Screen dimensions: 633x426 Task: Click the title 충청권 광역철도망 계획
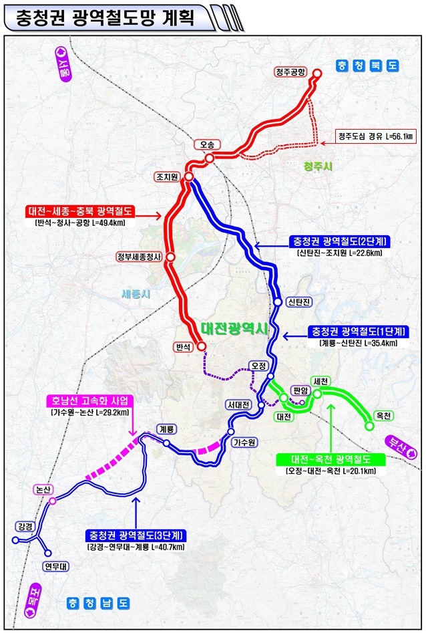coord(100,18)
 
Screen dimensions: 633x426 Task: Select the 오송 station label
coord(205,144)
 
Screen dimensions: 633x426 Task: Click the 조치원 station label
coord(167,177)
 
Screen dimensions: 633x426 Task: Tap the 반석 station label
coord(182,347)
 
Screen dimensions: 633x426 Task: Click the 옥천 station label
coord(383,415)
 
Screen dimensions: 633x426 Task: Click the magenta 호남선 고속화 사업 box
coord(89,401)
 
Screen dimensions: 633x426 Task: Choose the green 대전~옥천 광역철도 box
coord(331,459)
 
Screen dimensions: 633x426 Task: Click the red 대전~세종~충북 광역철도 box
coord(81,212)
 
